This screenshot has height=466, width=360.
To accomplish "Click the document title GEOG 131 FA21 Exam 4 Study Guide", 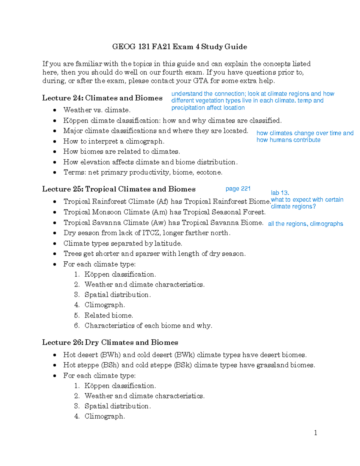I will [x=179, y=47].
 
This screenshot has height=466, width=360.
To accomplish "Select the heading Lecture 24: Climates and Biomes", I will [x=102, y=98].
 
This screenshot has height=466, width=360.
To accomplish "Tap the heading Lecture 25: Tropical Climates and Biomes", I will [x=119, y=189].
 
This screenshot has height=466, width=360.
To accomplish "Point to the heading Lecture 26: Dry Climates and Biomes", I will [x=110, y=342].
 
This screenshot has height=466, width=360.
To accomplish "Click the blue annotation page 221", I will [x=238, y=189].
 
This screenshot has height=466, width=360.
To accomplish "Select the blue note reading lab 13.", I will [x=280, y=193].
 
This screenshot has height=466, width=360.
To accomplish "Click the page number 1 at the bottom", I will [x=315, y=433].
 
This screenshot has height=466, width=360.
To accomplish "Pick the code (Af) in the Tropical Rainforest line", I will [x=162, y=201].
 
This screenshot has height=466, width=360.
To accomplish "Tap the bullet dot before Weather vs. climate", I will [x=55, y=110].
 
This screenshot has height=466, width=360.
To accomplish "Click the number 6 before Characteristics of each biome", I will [x=77, y=326].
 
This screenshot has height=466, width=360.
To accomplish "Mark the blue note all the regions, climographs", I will [x=305, y=224].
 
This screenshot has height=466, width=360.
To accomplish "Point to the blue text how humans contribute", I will [x=288, y=140].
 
